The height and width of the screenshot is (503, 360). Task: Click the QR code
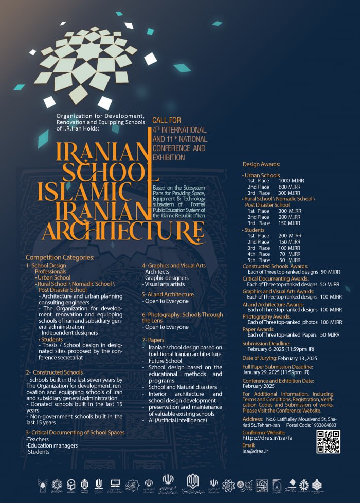click(328, 442)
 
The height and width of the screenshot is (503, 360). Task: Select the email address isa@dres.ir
click(256, 451)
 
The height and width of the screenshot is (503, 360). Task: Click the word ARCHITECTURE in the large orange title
click(123, 231)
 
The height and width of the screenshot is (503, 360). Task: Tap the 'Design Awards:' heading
click(261, 164)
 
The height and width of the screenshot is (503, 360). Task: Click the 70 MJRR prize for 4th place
click(294, 254)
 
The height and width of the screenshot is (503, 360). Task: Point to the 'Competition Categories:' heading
click(60, 257)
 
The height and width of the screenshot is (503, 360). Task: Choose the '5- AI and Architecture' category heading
click(168, 294)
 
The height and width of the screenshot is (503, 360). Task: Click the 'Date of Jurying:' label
click(261, 358)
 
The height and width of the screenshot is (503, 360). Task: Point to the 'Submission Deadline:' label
click(266, 343)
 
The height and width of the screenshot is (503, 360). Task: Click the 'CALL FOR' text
click(164, 120)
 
